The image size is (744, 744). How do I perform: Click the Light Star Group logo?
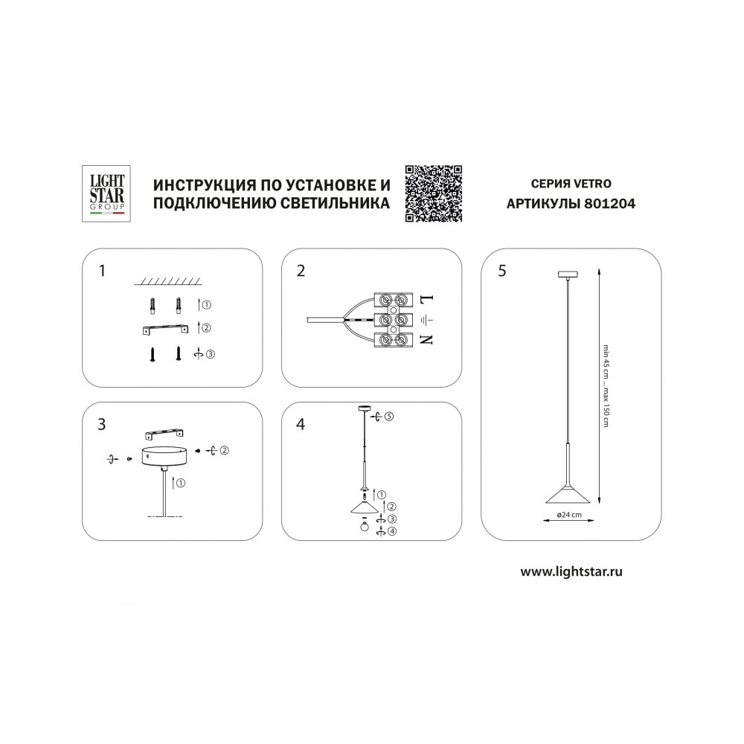[106, 193]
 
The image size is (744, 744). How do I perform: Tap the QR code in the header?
[434, 193]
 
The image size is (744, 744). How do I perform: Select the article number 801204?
[610, 204]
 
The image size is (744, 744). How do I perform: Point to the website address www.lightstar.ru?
[571, 571]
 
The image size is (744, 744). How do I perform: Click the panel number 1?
[102, 271]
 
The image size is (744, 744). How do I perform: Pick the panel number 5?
[502, 271]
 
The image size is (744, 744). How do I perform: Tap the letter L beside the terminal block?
[426, 300]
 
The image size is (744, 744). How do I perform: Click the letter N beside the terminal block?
[426, 340]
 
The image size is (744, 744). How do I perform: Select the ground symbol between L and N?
[427, 320]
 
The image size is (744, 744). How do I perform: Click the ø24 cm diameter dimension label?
[569, 514]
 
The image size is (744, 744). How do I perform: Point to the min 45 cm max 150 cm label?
[606, 385]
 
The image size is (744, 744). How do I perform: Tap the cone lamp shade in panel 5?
[568, 493]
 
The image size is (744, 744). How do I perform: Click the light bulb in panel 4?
[365, 525]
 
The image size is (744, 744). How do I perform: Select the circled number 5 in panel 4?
[389, 417]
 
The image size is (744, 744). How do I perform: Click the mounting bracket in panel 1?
[165, 330]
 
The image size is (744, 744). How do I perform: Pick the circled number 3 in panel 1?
[211, 354]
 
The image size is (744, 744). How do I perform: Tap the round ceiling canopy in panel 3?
[164, 456]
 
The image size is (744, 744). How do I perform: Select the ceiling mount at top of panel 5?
[568, 275]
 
